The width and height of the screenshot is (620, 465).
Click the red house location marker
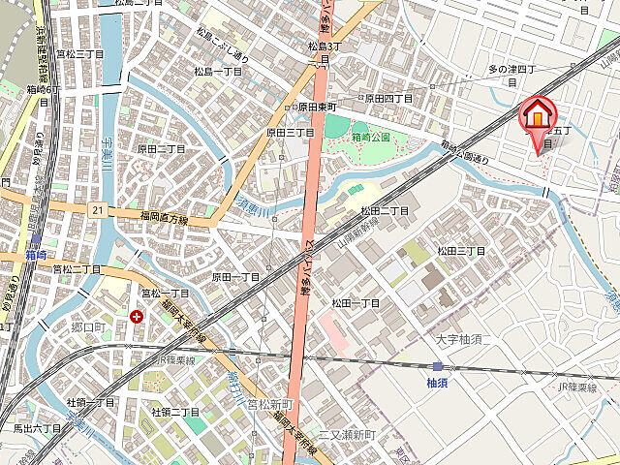click(x=536, y=117)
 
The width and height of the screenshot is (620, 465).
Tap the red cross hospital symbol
click(x=136, y=316)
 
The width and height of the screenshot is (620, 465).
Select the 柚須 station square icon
click(x=437, y=366)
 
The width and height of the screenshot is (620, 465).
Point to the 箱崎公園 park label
click(x=370, y=138)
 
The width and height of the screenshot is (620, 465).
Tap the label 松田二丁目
click(x=385, y=210)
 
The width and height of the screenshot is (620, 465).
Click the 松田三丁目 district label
click(x=460, y=251)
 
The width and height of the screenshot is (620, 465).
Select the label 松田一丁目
click(x=356, y=303)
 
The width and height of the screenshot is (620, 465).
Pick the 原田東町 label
click(x=316, y=107)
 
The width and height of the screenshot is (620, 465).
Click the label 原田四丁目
click(x=388, y=99)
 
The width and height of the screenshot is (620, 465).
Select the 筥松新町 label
click(x=269, y=403)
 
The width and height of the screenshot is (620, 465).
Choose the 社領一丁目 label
click(x=91, y=402)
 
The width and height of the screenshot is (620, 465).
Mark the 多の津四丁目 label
click(x=511, y=70)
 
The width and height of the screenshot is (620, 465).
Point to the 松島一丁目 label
click(x=218, y=72)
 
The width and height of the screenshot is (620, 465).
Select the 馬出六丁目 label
click(x=37, y=427)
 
